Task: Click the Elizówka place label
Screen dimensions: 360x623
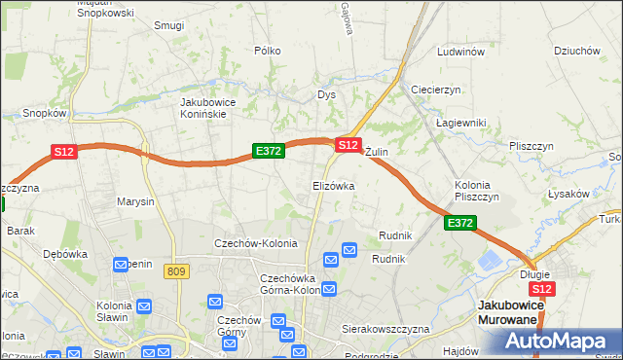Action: tap(333, 185)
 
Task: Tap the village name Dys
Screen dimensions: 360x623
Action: tap(326, 95)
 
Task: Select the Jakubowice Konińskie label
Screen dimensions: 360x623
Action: tap(217, 107)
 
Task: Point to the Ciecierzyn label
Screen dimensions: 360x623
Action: tap(435, 90)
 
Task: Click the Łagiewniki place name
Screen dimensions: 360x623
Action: tap(460, 122)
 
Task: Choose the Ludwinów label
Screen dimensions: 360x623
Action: tap(460, 52)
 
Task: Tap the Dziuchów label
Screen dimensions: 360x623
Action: tap(575, 52)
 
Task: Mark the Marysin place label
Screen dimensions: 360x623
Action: tap(135, 202)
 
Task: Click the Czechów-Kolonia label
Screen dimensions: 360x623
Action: tap(255, 243)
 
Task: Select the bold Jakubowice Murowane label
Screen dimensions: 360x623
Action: tap(509, 312)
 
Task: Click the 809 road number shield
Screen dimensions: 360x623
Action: tap(176, 271)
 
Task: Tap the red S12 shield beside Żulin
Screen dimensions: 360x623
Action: tap(348, 144)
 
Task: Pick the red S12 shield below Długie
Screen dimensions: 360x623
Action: tap(543, 289)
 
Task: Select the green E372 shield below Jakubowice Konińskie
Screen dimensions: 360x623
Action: tap(268, 151)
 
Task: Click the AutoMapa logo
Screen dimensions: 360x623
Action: tap(557, 342)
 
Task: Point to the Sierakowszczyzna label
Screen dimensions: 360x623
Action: tap(385, 330)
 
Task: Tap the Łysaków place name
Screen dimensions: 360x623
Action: tap(568, 194)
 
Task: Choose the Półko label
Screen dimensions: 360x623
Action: tap(267, 51)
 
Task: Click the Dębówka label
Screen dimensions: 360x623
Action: tap(65, 254)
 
